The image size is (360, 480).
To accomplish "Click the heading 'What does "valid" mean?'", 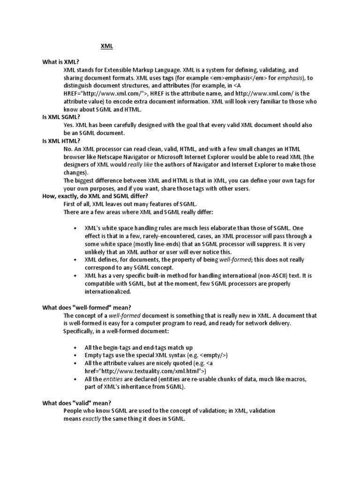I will (x=77, y=403).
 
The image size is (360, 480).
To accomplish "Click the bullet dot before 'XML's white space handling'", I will (x=76, y=228).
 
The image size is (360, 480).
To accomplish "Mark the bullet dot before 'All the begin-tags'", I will (x=76, y=347).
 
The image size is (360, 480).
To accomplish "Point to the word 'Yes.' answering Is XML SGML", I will (x=69, y=125).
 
